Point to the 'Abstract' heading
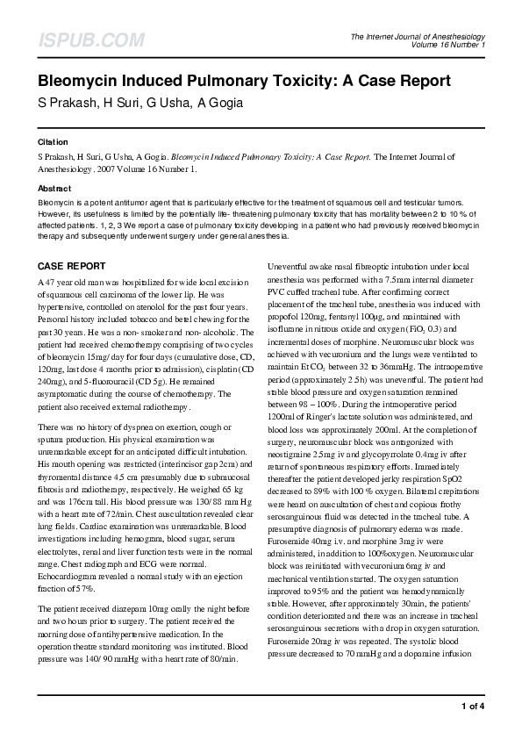(54, 189)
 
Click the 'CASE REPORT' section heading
(73, 266)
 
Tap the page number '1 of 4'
(472, 706)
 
